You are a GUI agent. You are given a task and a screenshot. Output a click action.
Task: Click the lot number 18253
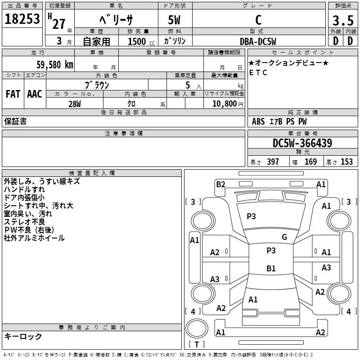[x=22, y=19]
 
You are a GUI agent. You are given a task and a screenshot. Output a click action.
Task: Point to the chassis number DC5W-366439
[x=302, y=143]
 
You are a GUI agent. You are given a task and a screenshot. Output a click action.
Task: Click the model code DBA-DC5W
[x=258, y=41]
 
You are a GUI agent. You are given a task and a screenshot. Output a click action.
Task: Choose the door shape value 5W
[x=175, y=21]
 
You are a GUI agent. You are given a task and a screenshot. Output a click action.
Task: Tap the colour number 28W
[x=74, y=103]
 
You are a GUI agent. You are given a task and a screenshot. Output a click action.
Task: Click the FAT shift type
[x=13, y=94]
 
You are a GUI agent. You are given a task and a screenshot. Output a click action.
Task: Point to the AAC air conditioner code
[x=35, y=94]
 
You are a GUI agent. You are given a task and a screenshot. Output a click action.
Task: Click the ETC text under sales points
[x=258, y=72]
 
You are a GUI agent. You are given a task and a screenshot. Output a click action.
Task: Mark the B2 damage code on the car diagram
[x=220, y=184]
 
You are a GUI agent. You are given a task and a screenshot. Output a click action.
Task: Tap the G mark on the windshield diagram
[x=284, y=237]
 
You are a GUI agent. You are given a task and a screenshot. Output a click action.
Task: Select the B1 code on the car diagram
[x=271, y=269]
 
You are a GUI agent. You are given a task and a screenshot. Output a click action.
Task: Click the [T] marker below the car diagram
[x=196, y=345]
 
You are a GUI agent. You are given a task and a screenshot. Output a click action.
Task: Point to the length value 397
[x=273, y=162]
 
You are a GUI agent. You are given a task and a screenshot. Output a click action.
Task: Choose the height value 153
[x=346, y=162]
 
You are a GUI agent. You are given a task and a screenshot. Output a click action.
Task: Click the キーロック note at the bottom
[x=23, y=337]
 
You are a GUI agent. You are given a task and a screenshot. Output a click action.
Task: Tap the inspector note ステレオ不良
[x=24, y=222]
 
